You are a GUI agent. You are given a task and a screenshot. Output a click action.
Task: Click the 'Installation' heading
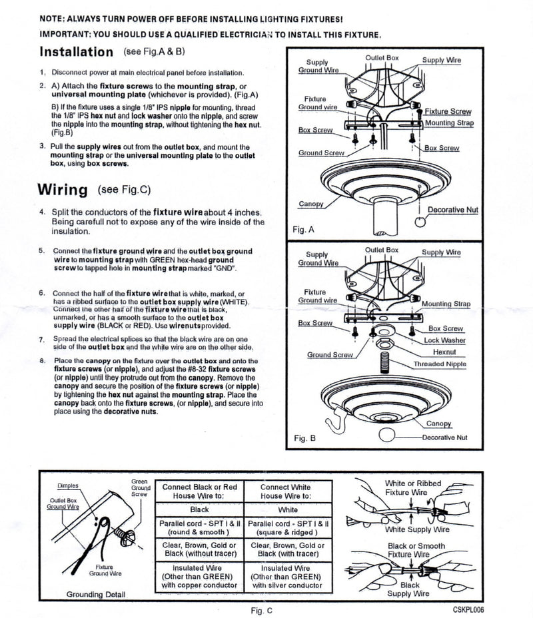(77, 52)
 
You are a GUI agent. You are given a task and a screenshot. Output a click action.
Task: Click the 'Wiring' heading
(63, 190)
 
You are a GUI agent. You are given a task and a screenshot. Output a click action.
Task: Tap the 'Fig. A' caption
(303, 230)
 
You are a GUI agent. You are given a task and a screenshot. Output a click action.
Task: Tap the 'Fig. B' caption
(303, 439)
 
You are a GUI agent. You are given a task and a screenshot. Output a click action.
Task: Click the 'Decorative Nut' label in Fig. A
(452, 210)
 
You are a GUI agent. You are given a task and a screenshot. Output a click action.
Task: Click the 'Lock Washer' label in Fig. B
(444, 340)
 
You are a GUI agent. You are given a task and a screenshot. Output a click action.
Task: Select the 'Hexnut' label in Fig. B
(444, 352)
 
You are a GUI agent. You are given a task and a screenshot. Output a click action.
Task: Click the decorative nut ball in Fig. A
(419, 221)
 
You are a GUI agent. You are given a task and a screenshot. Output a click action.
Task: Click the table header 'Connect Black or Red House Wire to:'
(199, 491)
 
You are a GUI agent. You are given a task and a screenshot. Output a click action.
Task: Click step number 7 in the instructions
(42, 340)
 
